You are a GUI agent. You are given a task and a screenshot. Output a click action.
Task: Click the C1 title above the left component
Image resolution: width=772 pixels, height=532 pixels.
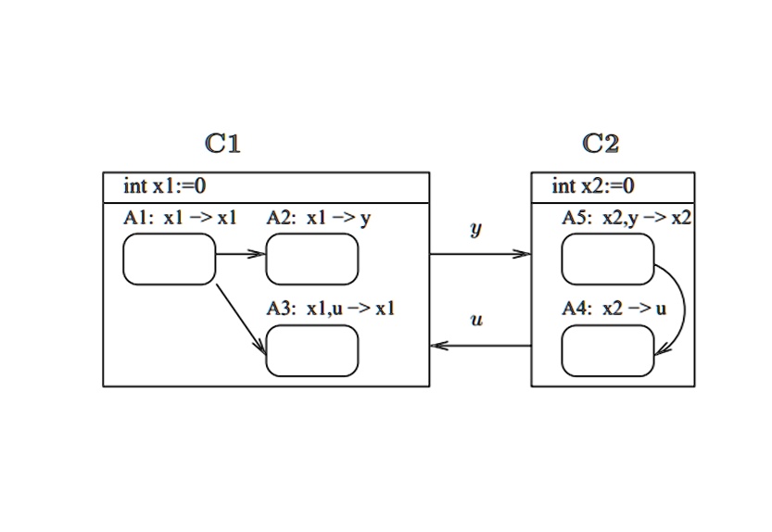222,143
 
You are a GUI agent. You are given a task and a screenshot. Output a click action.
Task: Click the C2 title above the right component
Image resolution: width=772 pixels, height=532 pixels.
601,143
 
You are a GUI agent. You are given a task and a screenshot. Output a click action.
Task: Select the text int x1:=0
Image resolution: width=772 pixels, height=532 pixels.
165,186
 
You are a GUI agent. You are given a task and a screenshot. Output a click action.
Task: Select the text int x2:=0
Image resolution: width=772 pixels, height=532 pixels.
593,186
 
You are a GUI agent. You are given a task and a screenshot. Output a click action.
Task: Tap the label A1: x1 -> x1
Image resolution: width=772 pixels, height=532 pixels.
180,219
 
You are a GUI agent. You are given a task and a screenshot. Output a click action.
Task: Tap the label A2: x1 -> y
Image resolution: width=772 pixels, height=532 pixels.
319,219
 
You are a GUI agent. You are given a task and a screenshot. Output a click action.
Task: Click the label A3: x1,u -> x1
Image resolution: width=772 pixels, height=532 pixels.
331,309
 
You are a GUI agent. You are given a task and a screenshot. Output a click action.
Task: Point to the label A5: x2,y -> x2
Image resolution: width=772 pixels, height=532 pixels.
626,219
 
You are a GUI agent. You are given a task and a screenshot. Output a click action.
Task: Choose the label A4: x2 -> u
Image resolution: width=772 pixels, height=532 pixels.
614,309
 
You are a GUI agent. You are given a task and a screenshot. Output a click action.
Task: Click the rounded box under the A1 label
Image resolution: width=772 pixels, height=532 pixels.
169,259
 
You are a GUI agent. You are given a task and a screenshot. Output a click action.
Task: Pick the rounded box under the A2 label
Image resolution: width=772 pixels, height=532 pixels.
311,259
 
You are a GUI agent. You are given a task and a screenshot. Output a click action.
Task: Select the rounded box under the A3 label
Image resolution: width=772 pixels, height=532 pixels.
311,351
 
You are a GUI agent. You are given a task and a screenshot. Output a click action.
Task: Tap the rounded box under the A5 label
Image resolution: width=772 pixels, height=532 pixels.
607,259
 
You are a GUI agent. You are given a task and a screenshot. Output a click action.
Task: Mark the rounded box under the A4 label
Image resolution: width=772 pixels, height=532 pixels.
607,351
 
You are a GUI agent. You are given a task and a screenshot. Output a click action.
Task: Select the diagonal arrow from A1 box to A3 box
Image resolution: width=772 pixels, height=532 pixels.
241,321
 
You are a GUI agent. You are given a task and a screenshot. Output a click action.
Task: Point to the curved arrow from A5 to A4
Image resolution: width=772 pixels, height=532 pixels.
682,306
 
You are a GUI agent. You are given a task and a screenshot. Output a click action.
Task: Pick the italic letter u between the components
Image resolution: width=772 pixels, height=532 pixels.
476,321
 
